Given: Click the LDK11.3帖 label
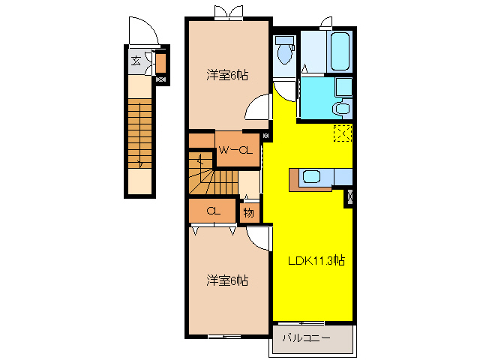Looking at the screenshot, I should tap(316, 262).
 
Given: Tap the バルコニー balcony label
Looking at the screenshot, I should tap(306, 338).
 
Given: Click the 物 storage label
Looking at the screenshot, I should tap(249, 213).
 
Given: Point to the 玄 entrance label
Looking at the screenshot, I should tap(136, 61).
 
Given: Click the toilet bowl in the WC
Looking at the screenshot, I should tap(285, 52).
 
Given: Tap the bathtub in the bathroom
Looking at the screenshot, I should tap(340, 51).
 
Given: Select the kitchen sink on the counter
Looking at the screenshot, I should tap(311, 178).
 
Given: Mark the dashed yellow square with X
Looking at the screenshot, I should tap(343, 133).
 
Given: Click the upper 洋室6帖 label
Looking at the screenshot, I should tap(227, 75).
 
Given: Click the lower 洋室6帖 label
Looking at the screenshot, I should tap(227, 280).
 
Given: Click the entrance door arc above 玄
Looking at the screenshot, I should tap(142, 32).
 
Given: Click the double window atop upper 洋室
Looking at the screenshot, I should tap(228, 12).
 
